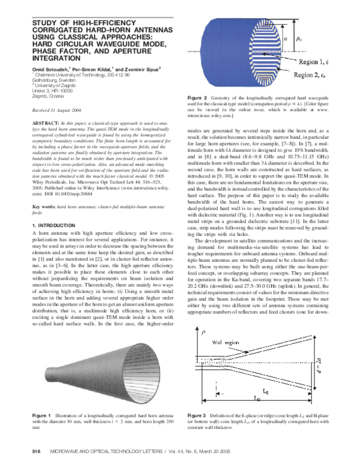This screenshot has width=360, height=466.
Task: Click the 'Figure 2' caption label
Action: (197, 97)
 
